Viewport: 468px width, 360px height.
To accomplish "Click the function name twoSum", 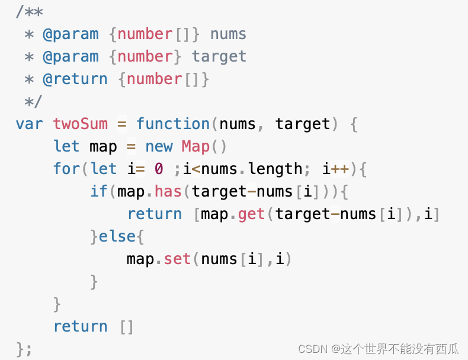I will point(81,124).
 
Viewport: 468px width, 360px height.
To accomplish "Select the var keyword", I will point(29,124).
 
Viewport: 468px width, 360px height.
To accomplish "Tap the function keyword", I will point(173,124).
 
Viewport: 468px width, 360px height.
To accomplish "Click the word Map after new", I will point(195,146).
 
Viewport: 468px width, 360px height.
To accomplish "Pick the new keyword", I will point(159,146).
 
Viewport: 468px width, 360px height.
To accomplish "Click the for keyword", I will point(66,169).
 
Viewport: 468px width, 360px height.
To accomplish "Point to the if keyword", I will point(99,191).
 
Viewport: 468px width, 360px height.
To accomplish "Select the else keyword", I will point(117,236).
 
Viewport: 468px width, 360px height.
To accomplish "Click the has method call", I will point(168,191).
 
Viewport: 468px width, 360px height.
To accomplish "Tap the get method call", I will point(252,214).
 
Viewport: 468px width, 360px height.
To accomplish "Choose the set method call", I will point(177,259).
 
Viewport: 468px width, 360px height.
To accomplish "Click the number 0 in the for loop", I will point(159,169).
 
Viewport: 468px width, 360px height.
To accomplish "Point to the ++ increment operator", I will point(340,169).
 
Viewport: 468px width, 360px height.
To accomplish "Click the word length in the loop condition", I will point(275,169).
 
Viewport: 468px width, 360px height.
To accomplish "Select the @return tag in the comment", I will point(75,79).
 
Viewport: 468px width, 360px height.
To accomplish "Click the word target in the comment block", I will point(219,56).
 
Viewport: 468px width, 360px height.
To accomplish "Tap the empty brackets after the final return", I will point(127,326).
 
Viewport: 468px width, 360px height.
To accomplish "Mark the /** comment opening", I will point(30,11).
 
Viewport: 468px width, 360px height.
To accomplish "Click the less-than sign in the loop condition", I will point(196,169).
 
